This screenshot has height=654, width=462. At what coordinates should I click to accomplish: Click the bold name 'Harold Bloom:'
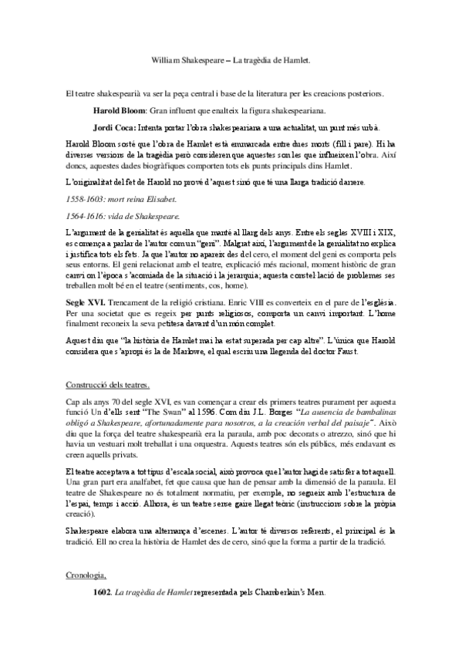(x=119, y=111)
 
